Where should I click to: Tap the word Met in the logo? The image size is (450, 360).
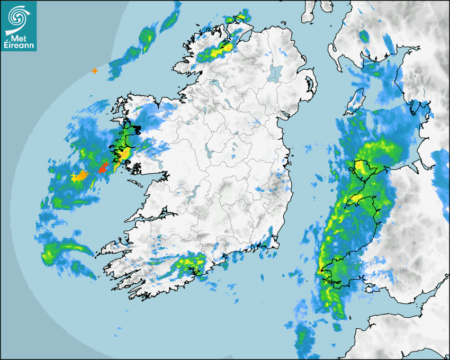tap(17, 38)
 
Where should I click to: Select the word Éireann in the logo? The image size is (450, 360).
tap(19, 45)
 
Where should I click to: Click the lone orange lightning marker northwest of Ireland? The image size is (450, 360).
tap(95, 70)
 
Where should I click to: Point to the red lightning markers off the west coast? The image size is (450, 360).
tap(103, 169)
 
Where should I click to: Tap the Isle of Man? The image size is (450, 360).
tap(356, 100)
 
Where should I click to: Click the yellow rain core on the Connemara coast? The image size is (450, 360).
tap(124, 155)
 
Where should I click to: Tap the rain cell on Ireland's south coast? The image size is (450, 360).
tap(191, 263)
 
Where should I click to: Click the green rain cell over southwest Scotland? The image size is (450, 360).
tap(364, 37)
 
